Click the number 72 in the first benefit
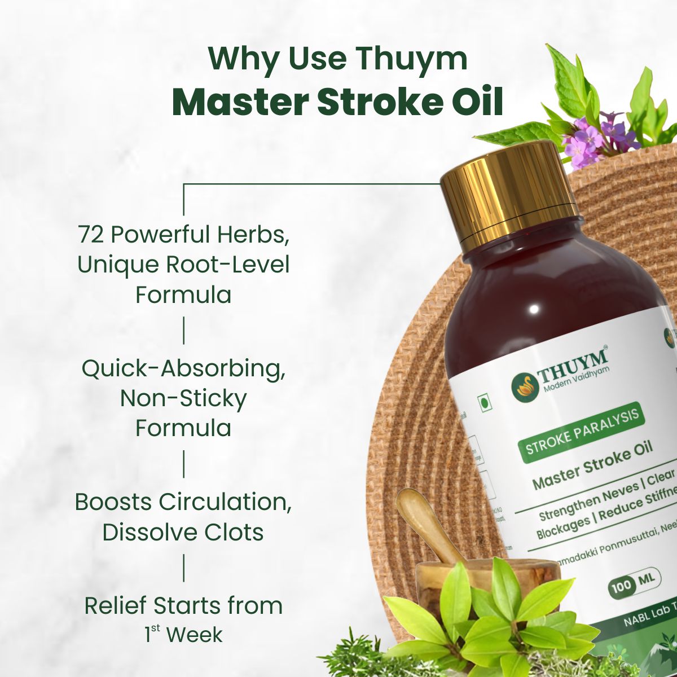[91, 235]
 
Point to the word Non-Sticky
[183, 398]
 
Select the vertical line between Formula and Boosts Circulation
[183, 464]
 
